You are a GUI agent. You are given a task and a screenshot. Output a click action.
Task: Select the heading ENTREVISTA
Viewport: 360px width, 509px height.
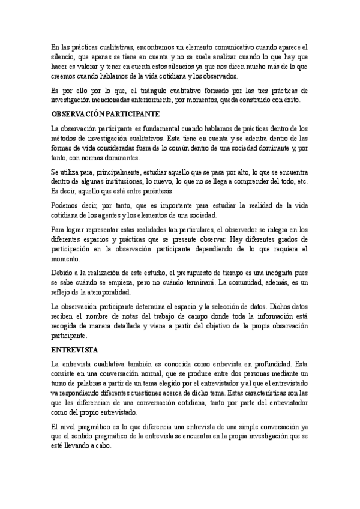tap(74, 348)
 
